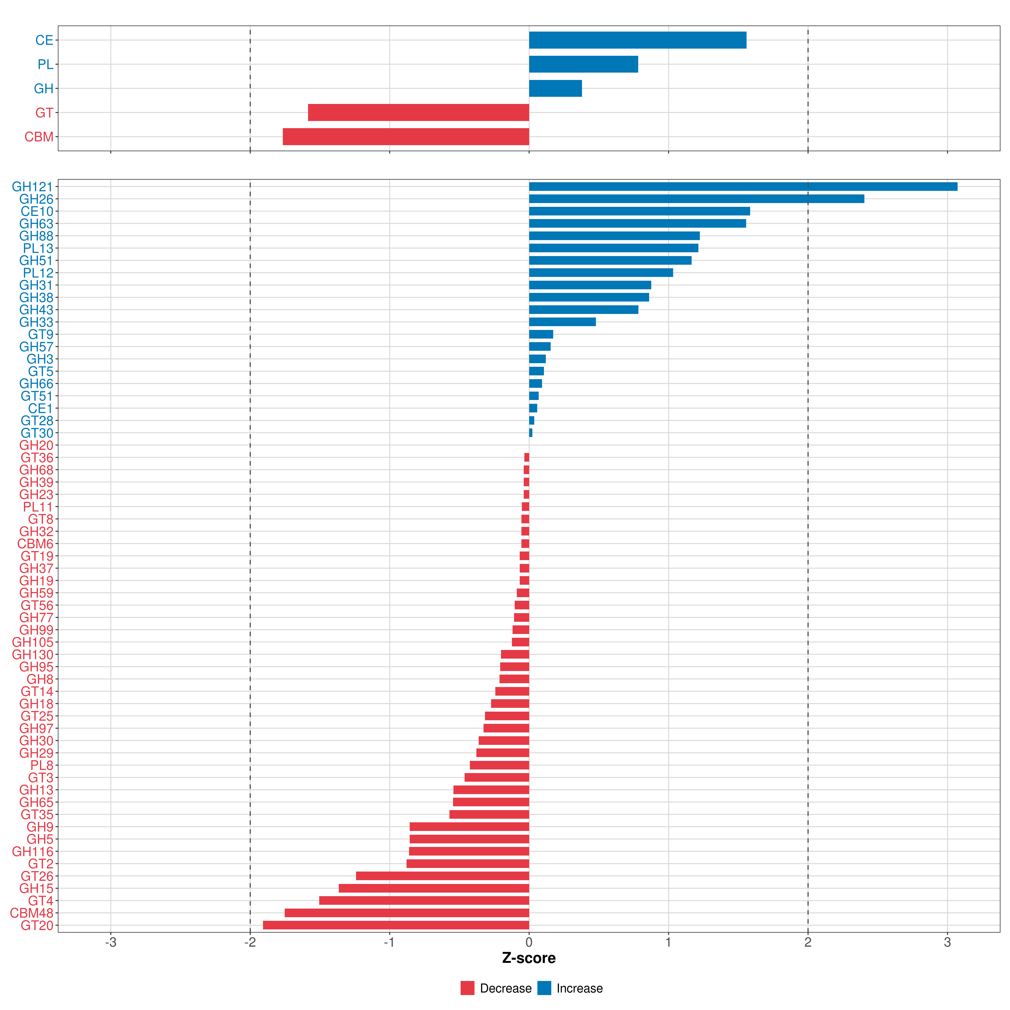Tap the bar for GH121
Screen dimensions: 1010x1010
tap(743, 187)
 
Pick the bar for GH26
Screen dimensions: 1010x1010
tap(696, 199)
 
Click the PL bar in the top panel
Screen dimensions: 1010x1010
tap(583, 64)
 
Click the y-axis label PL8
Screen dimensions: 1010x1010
tap(42, 765)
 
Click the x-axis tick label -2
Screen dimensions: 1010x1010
tap(250, 943)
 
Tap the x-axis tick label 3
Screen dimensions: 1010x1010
tap(947, 943)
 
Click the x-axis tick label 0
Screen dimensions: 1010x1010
tap(529, 943)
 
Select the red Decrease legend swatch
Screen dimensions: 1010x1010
tap(467, 988)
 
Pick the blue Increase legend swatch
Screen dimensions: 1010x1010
tap(544, 988)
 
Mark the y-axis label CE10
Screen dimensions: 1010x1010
tap(37, 211)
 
